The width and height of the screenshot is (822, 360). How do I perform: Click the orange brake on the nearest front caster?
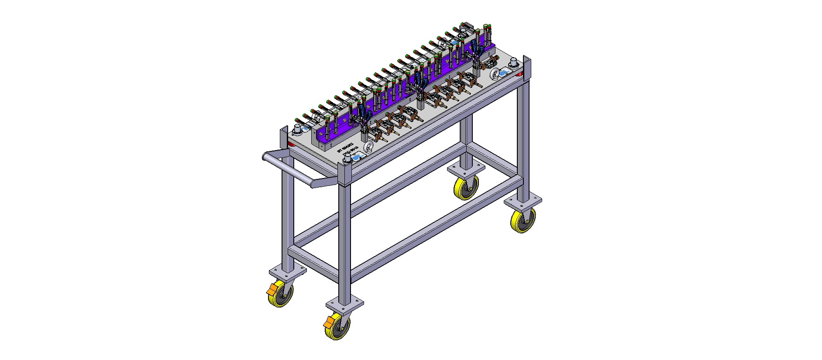[x=328, y=323]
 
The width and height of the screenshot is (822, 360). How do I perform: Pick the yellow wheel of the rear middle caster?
[x=465, y=188]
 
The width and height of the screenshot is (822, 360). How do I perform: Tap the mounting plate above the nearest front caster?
[x=345, y=302]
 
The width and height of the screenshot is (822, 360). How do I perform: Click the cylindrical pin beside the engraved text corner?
[x=347, y=159]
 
